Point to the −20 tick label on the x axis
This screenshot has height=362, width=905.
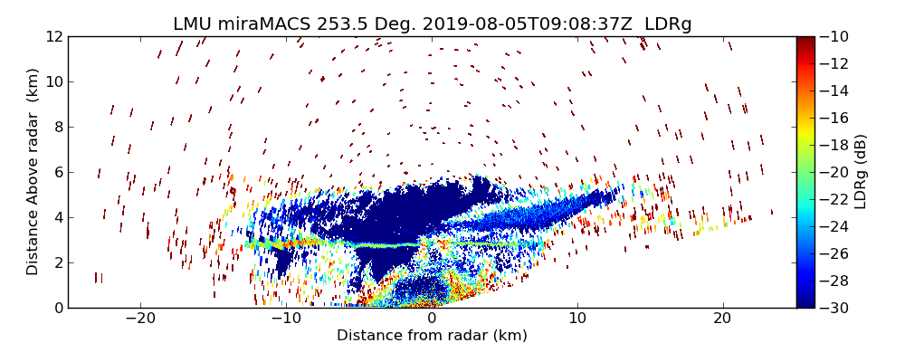(x=140, y=319)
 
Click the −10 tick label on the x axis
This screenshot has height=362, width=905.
(x=286, y=319)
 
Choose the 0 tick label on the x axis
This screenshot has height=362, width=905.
(x=432, y=319)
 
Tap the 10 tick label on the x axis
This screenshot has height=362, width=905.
(x=576, y=319)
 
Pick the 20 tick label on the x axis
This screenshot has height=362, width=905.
(x=722, y=319)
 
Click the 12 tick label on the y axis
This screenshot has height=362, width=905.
(x=52, y=36)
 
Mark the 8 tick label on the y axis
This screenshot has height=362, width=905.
(x=56, y=127)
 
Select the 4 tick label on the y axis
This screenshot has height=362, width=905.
(x=56, y=217)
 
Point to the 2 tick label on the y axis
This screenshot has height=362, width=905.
(x=56, y=262)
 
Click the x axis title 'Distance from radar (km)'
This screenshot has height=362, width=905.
(x=432, y=336)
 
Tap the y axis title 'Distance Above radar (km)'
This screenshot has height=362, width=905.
(x=33, y=172)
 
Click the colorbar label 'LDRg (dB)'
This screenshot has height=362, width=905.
(x=861, y=172)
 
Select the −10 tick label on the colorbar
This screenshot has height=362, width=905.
(x=834, y=36)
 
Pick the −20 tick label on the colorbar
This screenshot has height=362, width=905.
(x=834, y=172)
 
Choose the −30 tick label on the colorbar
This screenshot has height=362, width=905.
(x=834, y=308)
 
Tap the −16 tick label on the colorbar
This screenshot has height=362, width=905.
(x=834, y=118)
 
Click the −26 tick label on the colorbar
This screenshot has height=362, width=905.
(x=834, y=253)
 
